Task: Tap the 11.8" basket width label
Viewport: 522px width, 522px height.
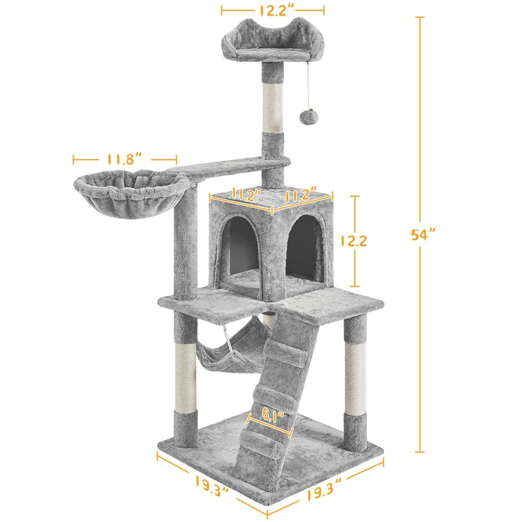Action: click(125, 159)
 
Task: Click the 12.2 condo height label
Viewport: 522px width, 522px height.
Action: click(353, 241)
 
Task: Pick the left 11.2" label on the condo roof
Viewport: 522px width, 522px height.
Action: click(246, 195)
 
